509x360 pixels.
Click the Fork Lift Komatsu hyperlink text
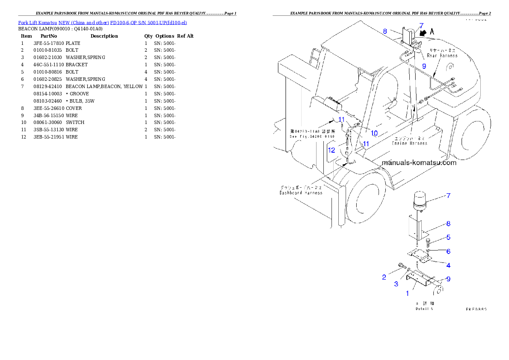102,22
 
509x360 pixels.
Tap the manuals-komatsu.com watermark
419,163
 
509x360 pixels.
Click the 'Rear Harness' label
442,56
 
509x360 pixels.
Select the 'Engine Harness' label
409,143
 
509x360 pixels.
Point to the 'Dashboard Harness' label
301,193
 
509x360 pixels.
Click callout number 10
374,133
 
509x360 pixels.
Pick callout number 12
332,150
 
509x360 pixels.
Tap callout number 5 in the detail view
448,237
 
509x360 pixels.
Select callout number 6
448,251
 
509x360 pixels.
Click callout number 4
448,265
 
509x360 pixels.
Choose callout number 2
384,277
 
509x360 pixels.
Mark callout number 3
396,284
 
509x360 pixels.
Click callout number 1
407,293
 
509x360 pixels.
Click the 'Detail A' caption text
424,308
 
